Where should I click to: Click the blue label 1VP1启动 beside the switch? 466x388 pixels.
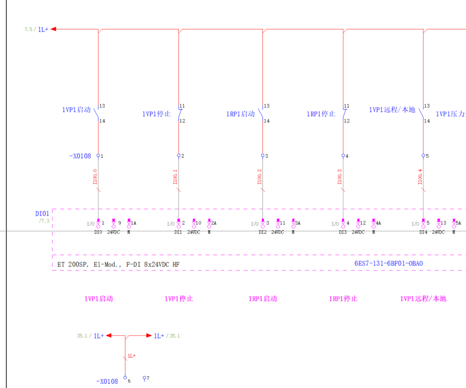tap(76, 110)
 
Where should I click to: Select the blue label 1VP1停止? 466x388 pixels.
tap(156, 114)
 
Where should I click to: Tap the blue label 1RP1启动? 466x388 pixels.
tap(240, 114)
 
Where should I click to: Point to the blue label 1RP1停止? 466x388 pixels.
tap(321, 114)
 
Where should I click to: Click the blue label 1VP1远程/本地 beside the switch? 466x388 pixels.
tap(391, 110)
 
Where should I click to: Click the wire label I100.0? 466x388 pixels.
tap(95, 177)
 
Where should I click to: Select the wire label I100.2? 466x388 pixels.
tap(259, 177)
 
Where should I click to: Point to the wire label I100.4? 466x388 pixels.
tap(420, 177)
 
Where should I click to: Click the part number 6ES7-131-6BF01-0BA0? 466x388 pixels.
tap(388, 263)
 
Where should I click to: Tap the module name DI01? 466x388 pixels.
tap(42, 213)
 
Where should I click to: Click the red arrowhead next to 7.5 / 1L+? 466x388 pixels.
tap(54, 29)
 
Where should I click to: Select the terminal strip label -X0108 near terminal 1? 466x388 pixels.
tap(80, 156)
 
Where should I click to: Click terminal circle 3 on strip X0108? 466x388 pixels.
tap(262, 156)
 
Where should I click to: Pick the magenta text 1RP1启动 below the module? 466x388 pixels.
tap(262, 299)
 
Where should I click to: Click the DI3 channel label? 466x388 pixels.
tap(343, 232)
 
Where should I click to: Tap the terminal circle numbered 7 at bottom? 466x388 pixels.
tap(144, 377)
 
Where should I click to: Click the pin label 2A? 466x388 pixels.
tap(214, 223)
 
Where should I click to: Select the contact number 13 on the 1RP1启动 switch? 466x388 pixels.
tap(267, 106)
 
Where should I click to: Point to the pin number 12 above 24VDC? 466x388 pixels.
tap(363, 223)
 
